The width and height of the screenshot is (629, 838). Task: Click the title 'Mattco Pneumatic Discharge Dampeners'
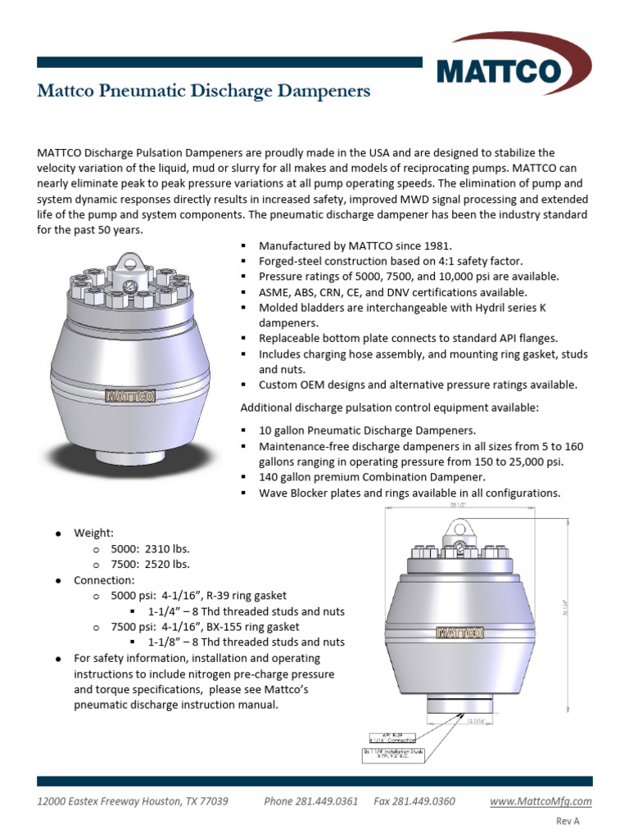tap(203, 91)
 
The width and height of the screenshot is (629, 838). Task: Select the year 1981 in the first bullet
tap(436, 246)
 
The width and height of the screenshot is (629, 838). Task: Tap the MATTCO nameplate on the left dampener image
tap(129, 396)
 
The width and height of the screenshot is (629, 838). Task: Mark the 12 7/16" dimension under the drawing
tap(466, 722)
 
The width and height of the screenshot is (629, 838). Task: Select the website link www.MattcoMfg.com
tap(541, 801)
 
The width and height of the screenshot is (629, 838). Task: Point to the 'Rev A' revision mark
tap(568, 821)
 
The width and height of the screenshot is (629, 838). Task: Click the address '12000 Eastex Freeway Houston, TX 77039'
tap(133, 801)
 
